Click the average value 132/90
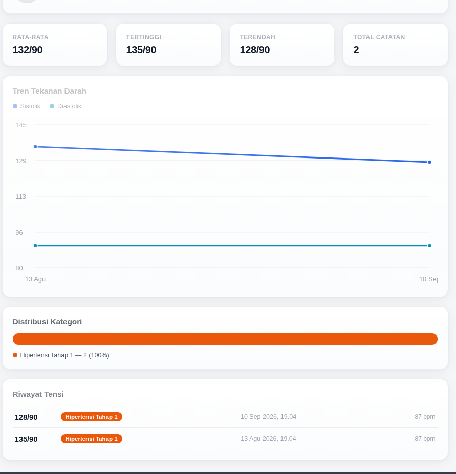point(28,50)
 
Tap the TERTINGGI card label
point(143,37)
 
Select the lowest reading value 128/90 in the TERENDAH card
point(255,50)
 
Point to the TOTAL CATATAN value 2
point(356,50)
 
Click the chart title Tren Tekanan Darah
point(49,91)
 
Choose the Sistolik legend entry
point(27,106)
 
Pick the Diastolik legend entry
point(66,106)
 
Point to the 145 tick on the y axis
point(21,125)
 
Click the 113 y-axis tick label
point(21,196)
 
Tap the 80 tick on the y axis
point(19,268)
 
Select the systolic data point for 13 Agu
point(35,147)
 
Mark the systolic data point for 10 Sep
point(429,162)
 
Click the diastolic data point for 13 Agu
point(35,246)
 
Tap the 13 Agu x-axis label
point(35,279)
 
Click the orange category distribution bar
point(225,339)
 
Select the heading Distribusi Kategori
point(47,322)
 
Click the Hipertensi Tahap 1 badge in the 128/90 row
point(92,417)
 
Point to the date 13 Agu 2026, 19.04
point(268,439)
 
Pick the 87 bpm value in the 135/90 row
point(425,439)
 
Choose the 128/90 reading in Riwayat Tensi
point(26,417)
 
